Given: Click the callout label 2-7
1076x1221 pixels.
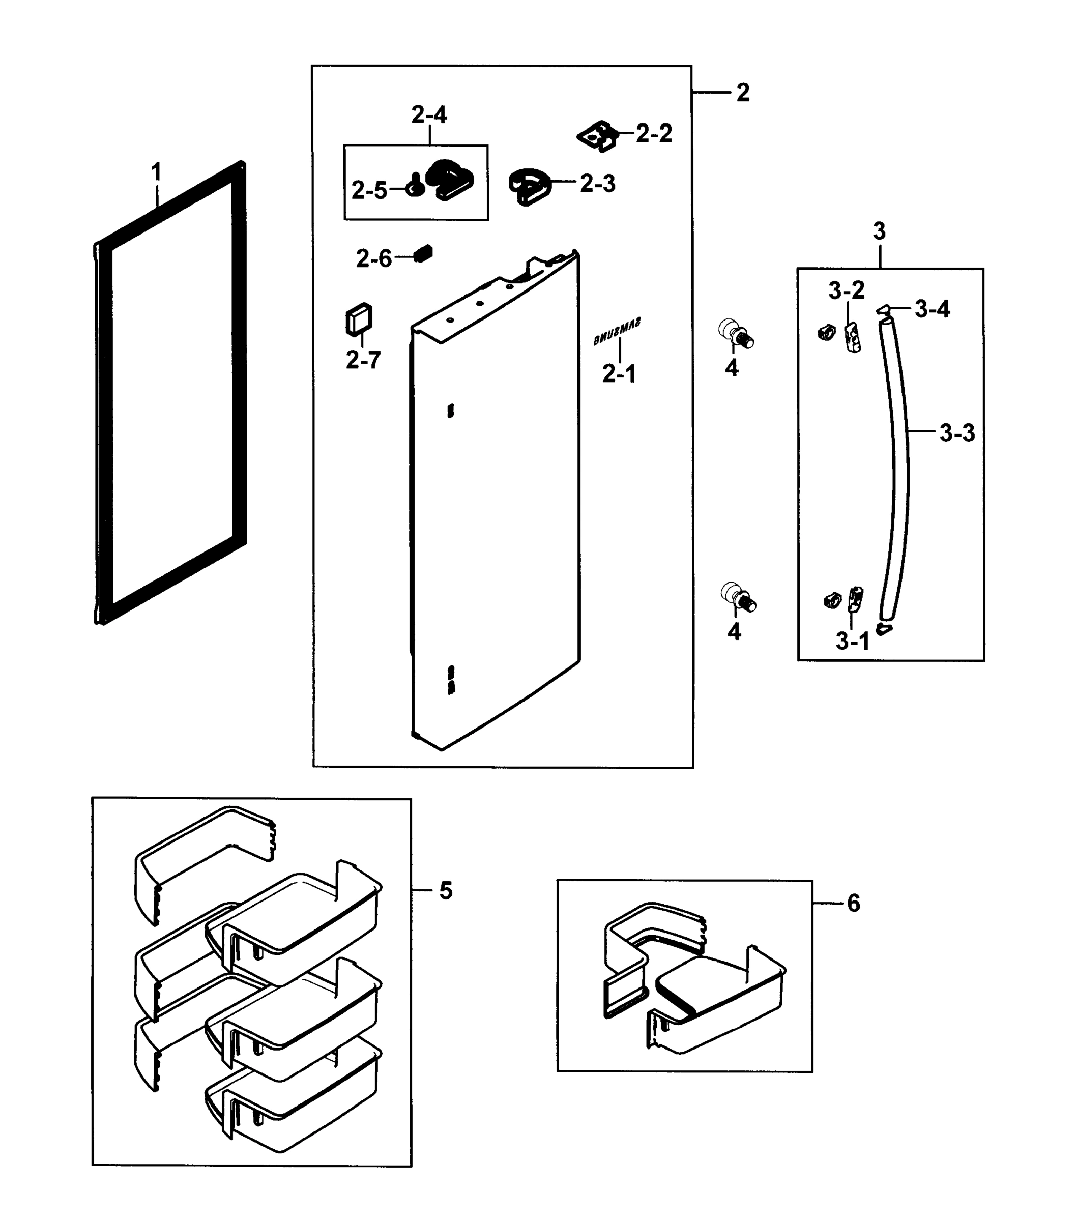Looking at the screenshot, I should [x=363, y=360].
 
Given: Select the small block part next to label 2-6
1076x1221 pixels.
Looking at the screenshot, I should [x=424, y=253].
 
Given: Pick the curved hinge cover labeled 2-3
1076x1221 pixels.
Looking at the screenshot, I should [x=529, y=185].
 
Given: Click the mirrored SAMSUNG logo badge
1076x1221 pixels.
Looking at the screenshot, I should [x=617, y=332].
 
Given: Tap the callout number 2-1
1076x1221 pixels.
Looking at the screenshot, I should [x=619, y=374].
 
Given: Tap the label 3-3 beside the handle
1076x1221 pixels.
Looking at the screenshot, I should [x=956, y=433].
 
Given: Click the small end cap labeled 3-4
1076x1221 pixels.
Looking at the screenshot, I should [x=884, y=309].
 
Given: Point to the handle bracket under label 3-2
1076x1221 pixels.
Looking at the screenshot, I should [x=853, y=338].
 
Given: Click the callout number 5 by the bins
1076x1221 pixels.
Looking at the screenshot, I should [x=446, y=891].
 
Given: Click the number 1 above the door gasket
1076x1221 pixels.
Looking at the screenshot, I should [x=157, y=172].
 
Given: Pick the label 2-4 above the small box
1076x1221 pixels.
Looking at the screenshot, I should [x=429, y=114].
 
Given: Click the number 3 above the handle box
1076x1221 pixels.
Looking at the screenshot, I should [x=879, y=231].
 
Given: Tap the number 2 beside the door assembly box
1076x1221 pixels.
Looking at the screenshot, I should [x=743, y=93].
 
